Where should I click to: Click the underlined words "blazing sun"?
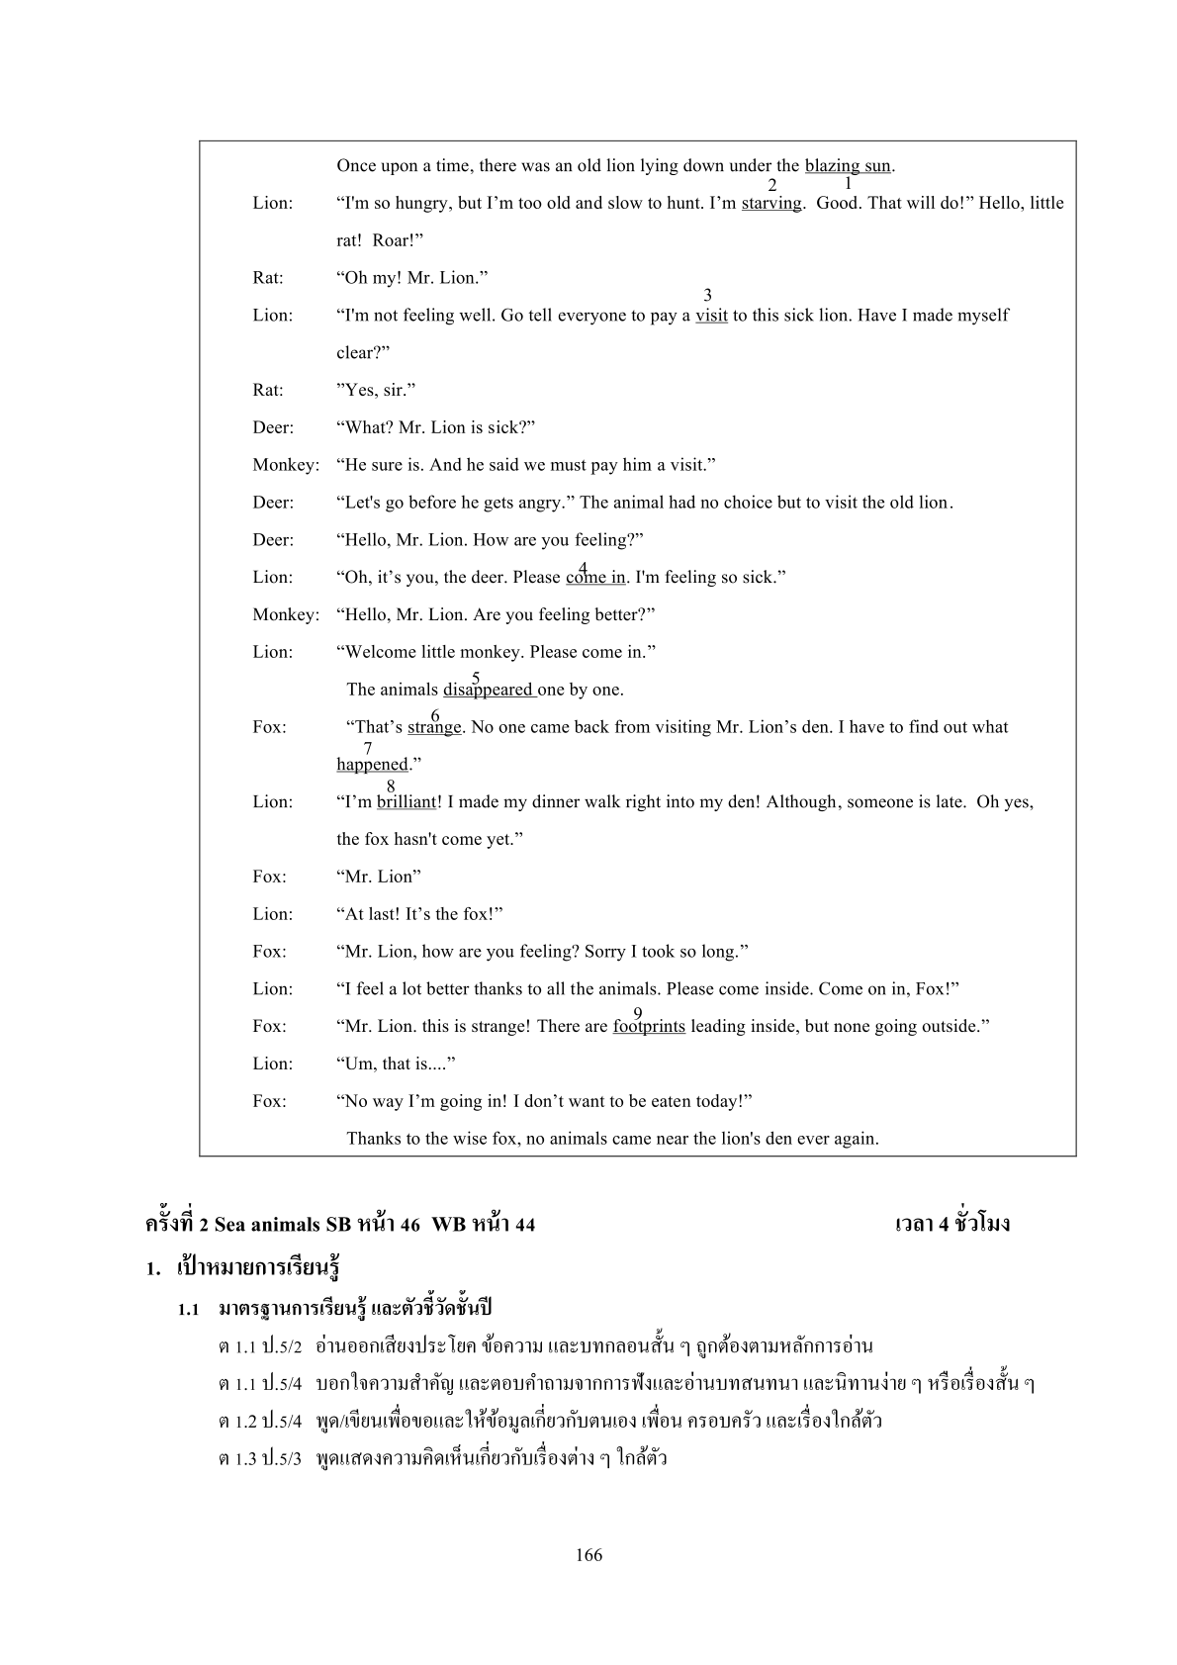coord(848,166)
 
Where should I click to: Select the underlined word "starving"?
coord(770,204)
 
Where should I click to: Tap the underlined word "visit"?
coord(711,316)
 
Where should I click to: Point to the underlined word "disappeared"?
coord(489,690)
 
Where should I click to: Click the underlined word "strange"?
coord(434,727)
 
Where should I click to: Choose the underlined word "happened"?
coord(372,765)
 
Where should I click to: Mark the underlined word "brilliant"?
coord(406,802)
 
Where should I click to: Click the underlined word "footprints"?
coord(649,1027)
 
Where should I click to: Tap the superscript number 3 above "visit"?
coord(707,295)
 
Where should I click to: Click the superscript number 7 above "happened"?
coord(368,749)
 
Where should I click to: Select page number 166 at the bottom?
coord(588,1555)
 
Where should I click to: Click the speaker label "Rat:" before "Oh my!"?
coord(267,278)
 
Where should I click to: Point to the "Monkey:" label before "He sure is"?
coord(286,465)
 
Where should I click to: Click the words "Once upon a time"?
coord(396,166)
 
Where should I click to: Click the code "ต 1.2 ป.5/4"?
coord(259,1422)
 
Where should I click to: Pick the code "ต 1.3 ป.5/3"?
coord(259,1459)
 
